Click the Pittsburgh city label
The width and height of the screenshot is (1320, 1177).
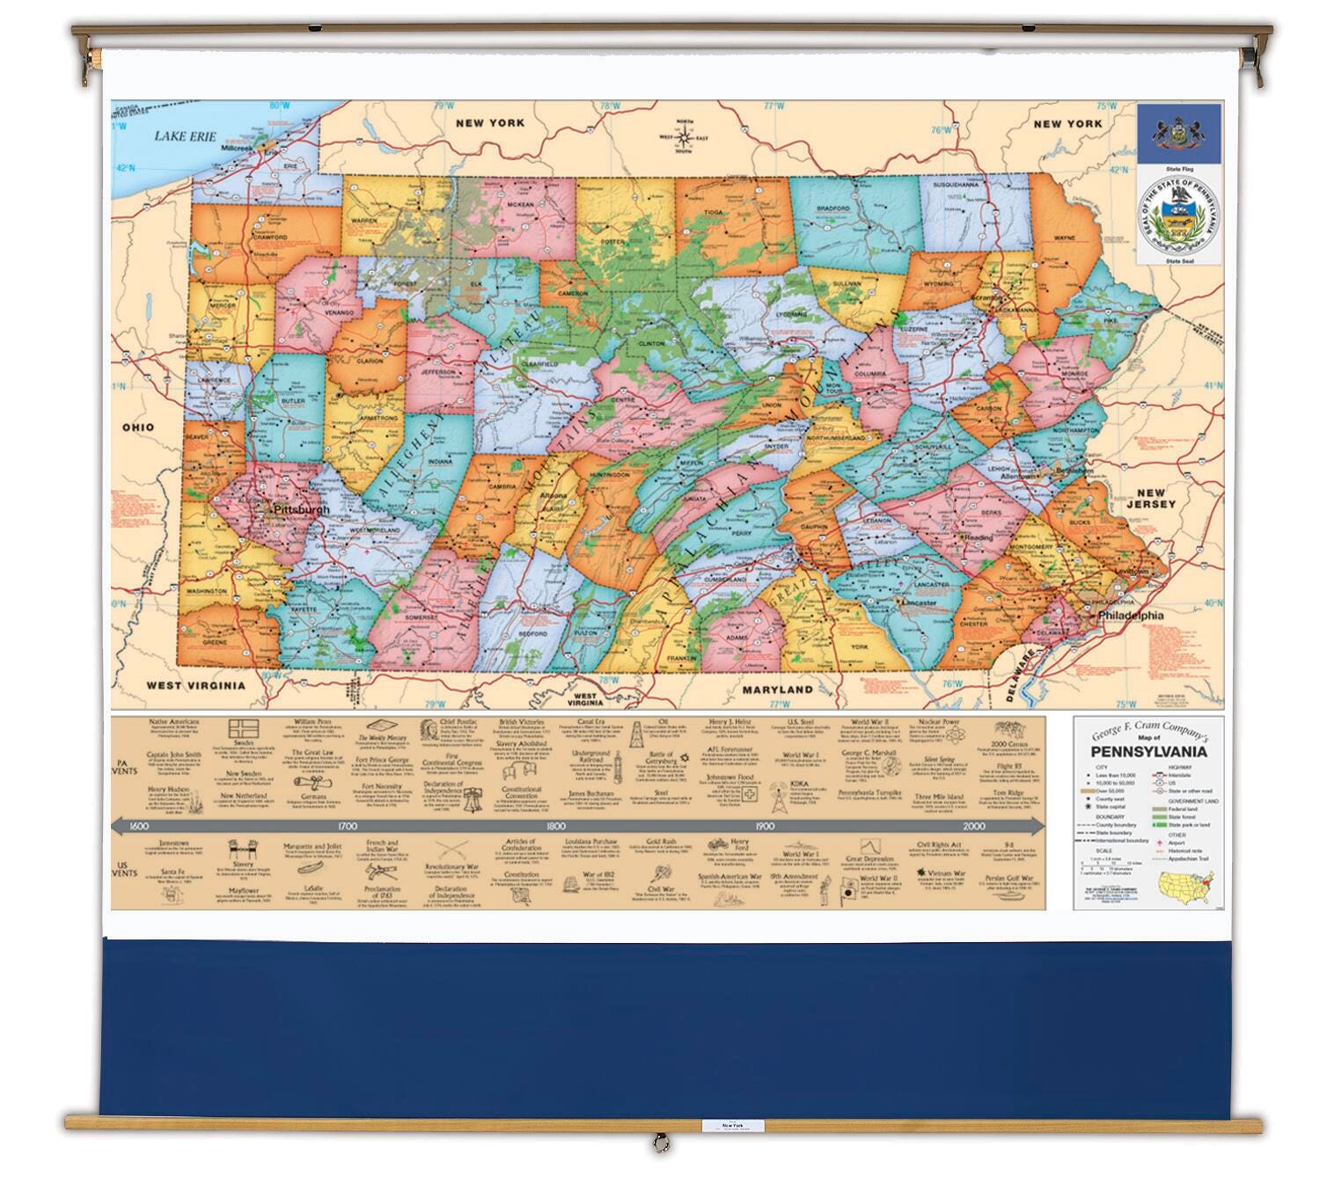click(301, 509)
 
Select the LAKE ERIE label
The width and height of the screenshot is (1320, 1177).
click(185, 135)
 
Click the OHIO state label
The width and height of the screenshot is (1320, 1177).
click(137, 427)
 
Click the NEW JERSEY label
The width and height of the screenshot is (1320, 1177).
click(1155, 499)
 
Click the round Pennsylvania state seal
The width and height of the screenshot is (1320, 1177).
click(1178, 217)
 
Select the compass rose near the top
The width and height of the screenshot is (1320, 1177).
click(684, 135)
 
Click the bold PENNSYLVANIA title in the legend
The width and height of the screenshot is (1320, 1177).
click(1148, 752)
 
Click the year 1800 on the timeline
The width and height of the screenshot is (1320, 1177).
click(555, 826)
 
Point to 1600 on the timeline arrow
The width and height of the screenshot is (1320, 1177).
click(138, 826)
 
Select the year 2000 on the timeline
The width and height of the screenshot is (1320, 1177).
click(973, 826)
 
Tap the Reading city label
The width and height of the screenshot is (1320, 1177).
click(979, 537)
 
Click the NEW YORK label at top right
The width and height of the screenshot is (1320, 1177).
click(1067, 124)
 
